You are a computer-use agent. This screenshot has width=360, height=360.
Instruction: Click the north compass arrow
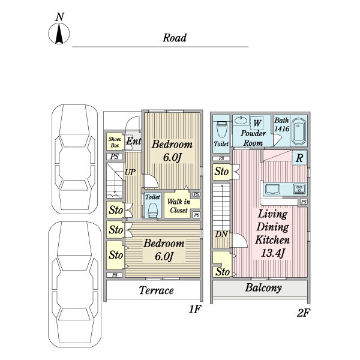[x=59, y=35]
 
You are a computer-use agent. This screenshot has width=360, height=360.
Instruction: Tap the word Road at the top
[x=175, y=38]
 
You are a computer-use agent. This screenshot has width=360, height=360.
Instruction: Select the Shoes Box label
[x=115, y=142]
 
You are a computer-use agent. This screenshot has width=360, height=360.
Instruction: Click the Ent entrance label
[x=133, y=142]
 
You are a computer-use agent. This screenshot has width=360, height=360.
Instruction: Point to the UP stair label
[x=130, y=172]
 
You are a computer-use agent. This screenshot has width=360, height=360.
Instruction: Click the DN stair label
[x=221, y=234]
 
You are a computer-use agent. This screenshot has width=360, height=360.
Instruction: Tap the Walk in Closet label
[x=178, y=206]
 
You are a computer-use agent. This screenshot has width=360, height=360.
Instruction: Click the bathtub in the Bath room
[x=299, y=132]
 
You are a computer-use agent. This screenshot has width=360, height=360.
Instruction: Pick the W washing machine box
[x=257, y=122]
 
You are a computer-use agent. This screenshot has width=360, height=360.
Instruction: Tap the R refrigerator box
[x=299, y=158]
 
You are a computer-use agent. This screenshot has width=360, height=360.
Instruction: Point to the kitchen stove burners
[x=299, y=190]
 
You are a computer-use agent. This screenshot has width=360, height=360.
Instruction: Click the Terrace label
[x=156, y=291]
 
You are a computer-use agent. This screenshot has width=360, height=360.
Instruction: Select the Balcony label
[x=263, y=288]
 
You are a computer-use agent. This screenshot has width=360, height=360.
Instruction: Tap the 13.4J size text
[x=272, y=252]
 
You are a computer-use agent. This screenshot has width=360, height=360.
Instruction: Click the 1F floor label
[x=194, y=310]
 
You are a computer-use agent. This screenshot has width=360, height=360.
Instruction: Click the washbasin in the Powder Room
[x=239, y=119]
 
